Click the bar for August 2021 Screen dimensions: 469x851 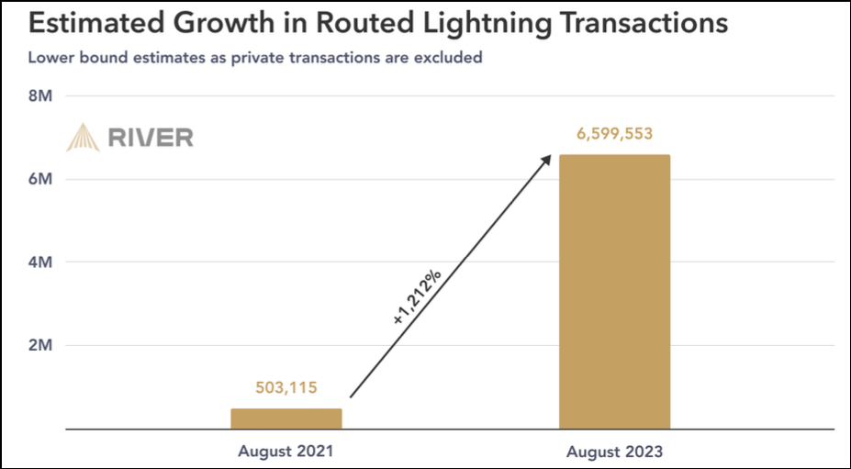click(286, 419)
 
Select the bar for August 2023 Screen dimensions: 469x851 click(614, 291)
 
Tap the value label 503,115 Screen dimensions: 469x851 click(286, 389)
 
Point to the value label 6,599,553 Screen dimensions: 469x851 click(614, 134)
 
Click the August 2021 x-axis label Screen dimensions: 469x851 click(286, 451)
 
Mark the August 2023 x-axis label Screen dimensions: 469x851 click(614, 452)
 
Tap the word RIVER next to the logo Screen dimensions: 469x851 click(151, 139)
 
